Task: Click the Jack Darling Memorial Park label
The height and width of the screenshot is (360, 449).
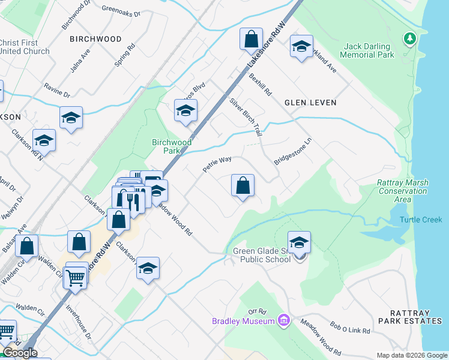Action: [x=367, y=50]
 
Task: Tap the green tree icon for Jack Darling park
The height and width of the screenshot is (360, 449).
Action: [x=410, y=38]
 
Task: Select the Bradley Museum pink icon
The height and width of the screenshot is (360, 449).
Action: [x=283, y=321]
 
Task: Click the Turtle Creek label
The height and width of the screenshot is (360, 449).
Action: [x=421, y=220]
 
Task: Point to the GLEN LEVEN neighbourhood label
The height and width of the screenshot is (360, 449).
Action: [x=310, y=103]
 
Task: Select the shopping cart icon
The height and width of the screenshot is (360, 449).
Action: [x=76, y=277]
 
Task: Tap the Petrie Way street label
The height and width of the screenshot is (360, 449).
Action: [x=217, y=164]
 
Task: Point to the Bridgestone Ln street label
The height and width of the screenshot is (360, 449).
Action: [x=294, y=152]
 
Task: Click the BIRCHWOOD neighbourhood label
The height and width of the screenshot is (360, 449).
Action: [x=95, y=39]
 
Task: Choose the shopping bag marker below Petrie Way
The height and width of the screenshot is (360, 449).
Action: [x=243, y=186]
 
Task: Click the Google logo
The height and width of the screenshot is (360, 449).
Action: [x=20, y=353]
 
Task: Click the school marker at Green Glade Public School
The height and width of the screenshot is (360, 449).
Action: [x=299, y=242]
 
